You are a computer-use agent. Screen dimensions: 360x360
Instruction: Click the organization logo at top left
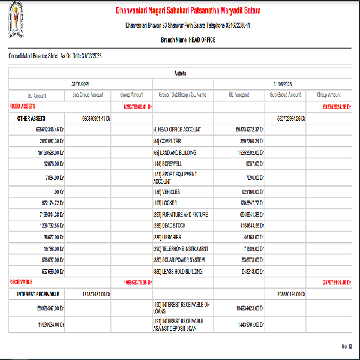(x=22, y=22)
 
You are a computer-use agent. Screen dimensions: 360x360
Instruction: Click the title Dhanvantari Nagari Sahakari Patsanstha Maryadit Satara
(x=188, y=11)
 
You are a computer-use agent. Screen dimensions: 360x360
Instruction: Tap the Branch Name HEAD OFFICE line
(x=188, y=40)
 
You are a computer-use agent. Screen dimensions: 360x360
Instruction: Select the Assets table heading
(x=180, y=73)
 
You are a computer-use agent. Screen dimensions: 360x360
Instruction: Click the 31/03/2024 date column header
(x=80, y=84)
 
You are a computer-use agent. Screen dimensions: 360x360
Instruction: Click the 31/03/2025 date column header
(x=282, y=84)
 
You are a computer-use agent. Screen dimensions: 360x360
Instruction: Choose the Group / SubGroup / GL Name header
(x=182, y=95)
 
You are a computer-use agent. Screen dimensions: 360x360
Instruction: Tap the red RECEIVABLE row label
(x=21, y=281)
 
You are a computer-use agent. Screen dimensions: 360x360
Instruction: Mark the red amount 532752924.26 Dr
(x=329, y=107)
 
